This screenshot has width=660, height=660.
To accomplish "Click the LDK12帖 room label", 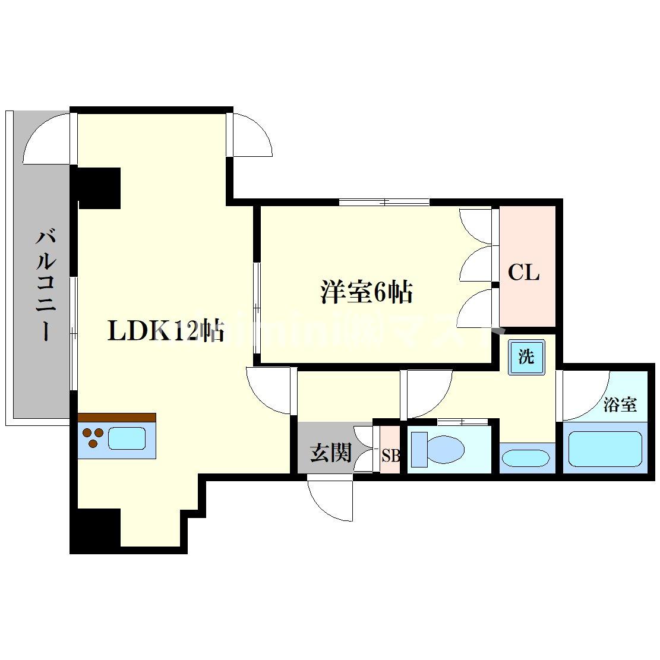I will click(x=165, y=331).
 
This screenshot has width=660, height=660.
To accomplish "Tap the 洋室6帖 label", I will click(x=367, y=292).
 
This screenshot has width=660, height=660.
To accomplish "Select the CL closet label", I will click(x=523, y=273).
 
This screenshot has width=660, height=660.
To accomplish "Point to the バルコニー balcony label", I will click(x=46, y=285).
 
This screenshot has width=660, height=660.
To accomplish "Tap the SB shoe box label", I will click(x=390, y=456).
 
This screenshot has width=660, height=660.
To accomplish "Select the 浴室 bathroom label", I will click(x=620, y=405).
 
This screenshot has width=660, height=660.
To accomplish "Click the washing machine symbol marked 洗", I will click(x=526, y=358).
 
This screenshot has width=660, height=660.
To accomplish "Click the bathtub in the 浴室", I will click(x=605, y=449).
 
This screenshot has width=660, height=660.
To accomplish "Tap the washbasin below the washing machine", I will click(x=525, y=459).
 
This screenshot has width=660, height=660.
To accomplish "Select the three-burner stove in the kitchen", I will click(x=92, y=438).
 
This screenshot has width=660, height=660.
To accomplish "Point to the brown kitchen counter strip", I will click(x=116, y=417).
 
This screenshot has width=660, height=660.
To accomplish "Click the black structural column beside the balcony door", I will click(x=99, y=187).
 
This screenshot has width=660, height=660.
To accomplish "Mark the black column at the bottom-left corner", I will click(x=95, y=530).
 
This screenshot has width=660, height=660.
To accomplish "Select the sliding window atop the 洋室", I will click(x=384, y=202).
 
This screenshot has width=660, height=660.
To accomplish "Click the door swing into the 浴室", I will click(x=585, y=395).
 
